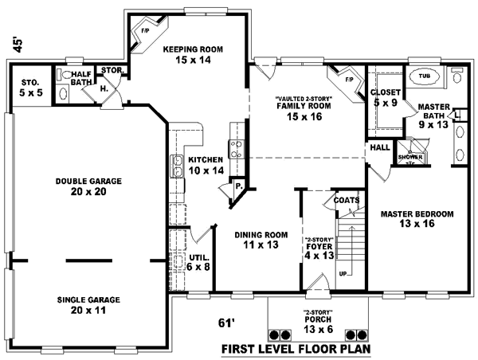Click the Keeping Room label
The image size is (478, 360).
[193, 54]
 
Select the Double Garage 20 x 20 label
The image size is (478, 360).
[88, 186]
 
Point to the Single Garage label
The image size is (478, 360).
[88, 305]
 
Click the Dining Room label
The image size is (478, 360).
[261, 240]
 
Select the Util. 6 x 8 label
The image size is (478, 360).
[199, 262]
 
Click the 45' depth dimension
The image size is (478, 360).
[18, 45]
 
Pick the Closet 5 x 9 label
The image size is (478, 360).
[386, 98]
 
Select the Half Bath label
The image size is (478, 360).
[81, 78]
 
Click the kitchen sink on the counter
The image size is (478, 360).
[177, 166]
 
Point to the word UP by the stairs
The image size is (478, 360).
[344, 273]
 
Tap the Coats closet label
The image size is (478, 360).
[347, 200]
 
